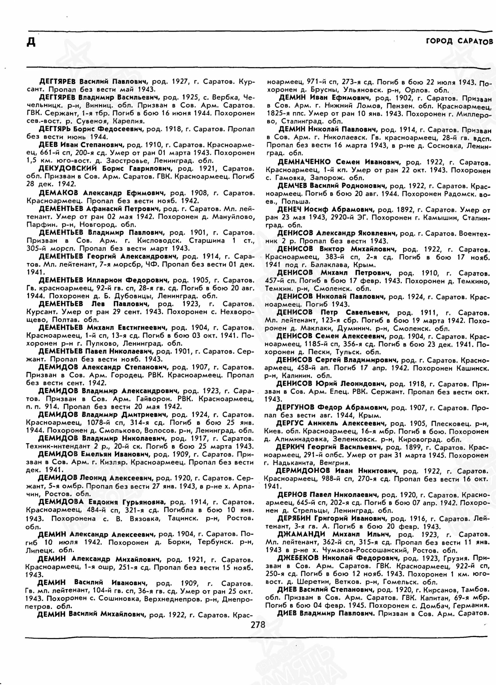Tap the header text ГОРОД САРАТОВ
tap(459, 41)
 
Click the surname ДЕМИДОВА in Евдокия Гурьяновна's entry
tap(61, 502)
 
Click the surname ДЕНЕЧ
tap(289, 210)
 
